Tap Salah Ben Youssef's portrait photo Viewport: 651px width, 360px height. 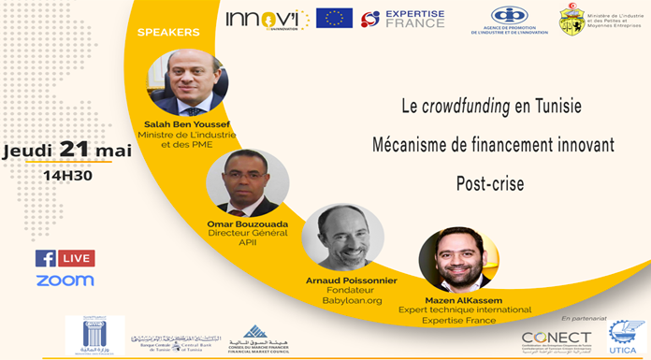(x=190, y=81)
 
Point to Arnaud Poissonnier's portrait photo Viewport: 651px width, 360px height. (x=344, y=237)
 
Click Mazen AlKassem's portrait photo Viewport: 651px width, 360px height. (x=457, y=258)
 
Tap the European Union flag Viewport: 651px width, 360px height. (x=334, y=18)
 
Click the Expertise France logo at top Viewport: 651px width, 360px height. (x=403, y=18)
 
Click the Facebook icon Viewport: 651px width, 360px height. (x=45, y=258)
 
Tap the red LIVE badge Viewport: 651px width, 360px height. (x=76, y=258)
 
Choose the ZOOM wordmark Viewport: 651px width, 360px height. (x=65, y=281)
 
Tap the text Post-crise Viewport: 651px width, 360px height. (x=493, y=182)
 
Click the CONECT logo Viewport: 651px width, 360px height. (x=557, y=338)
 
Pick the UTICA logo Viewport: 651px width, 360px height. (x=626, y=336)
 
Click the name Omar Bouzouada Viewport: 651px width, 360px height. (x=248, y=225)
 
